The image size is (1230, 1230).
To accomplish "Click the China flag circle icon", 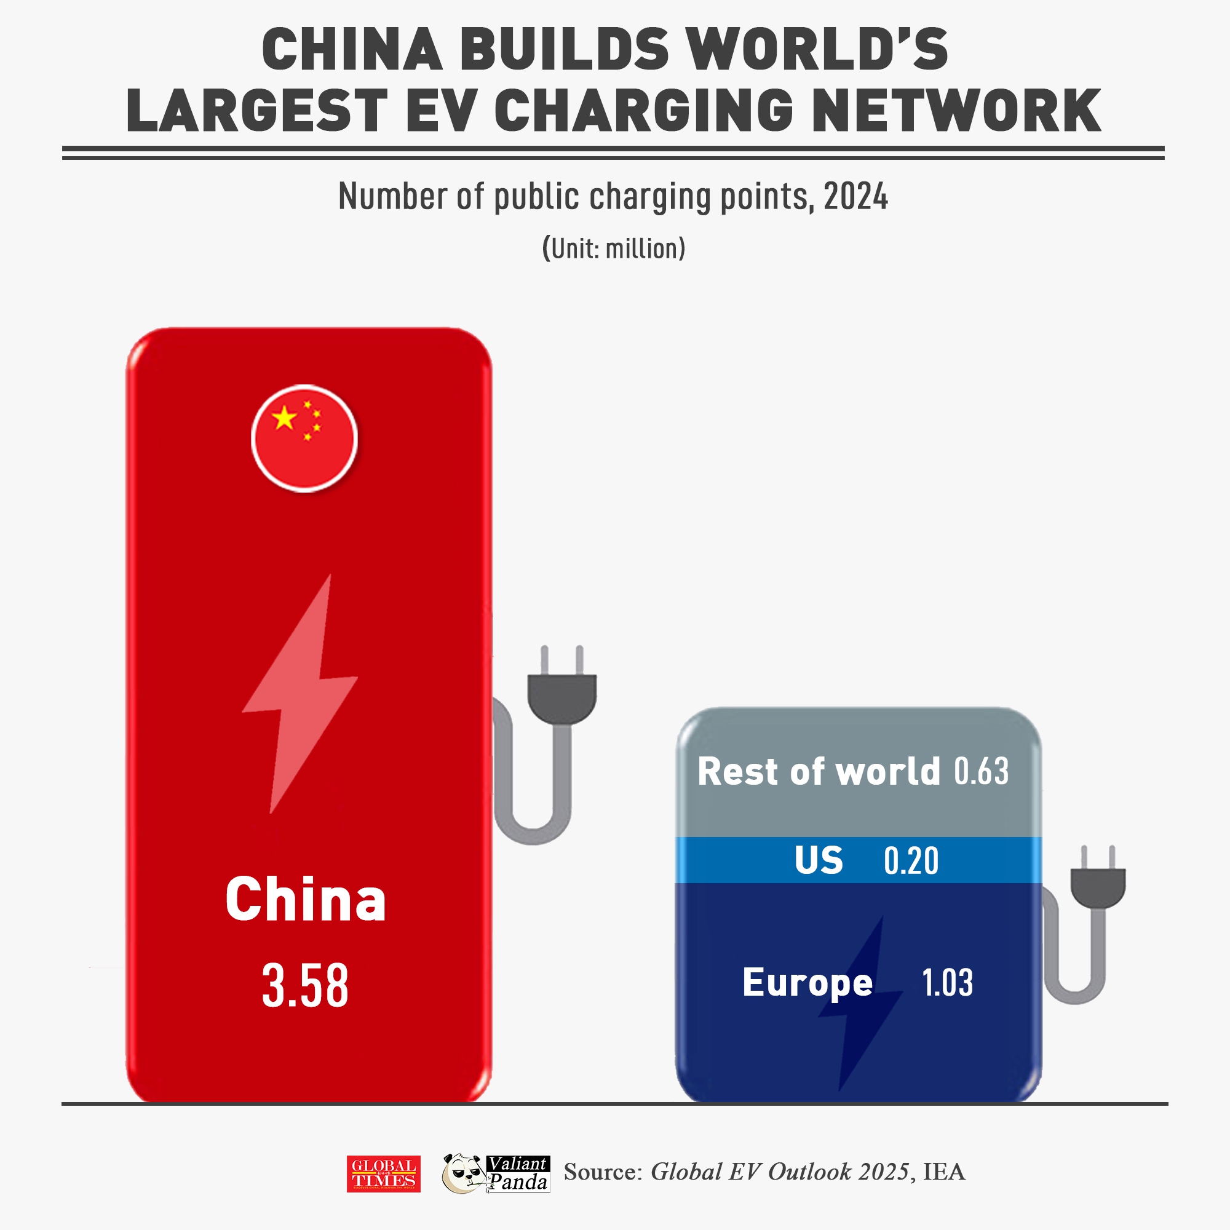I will (304, 438).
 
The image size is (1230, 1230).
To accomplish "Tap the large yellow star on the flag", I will (284, 418).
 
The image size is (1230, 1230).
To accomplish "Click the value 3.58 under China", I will (305, 985).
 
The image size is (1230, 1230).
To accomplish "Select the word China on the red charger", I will (306, 899).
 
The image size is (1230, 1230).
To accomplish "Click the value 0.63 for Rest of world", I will (981, 771).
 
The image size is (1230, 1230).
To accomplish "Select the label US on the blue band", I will (818, 860).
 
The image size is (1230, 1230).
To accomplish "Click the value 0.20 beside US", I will (911, 862).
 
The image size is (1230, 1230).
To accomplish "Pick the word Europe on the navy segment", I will (807, 982).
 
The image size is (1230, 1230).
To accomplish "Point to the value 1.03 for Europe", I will (947, 982).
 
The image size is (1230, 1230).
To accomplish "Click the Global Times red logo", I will (383, 1173).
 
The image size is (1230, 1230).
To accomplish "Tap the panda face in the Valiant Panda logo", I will (464, 1173).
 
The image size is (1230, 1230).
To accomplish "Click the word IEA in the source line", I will (944, 1172).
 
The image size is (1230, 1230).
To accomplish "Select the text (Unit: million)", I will (614, 248).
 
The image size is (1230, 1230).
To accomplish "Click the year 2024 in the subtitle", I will (855, 196).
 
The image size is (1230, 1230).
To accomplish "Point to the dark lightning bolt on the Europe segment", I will (860, 1006).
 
